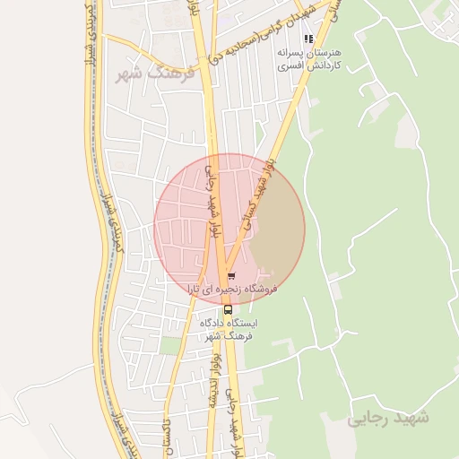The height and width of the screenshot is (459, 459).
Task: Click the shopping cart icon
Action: (x=231, y=276)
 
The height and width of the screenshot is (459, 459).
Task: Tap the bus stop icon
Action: (x=227, y=309)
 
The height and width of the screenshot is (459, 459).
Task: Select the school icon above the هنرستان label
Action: (x=308, y=39)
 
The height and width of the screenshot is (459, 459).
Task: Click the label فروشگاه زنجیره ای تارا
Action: (x=233, y=290)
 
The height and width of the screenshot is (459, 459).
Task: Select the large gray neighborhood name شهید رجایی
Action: (x=388, y=418)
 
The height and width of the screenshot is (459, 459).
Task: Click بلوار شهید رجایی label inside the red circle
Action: (x=212, y=201)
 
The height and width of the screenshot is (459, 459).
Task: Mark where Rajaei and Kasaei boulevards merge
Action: (x=221, y=269)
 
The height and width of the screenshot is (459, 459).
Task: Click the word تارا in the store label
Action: (x=198, y=290)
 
